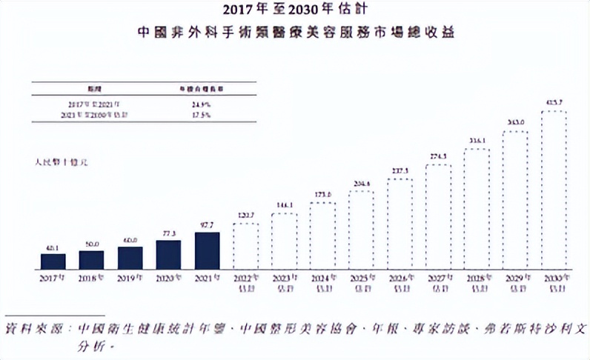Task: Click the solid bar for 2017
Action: tap(53, 261)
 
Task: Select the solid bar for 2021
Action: tap(207, 250)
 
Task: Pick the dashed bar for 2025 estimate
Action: tap(361, 230)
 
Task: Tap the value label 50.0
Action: tap(92, 244)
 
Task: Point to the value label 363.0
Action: tap(515, 123)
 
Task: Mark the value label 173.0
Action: tap(322, 195)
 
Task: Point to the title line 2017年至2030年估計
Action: tap(294, 11)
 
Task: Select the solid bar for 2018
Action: tap(92, 259)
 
